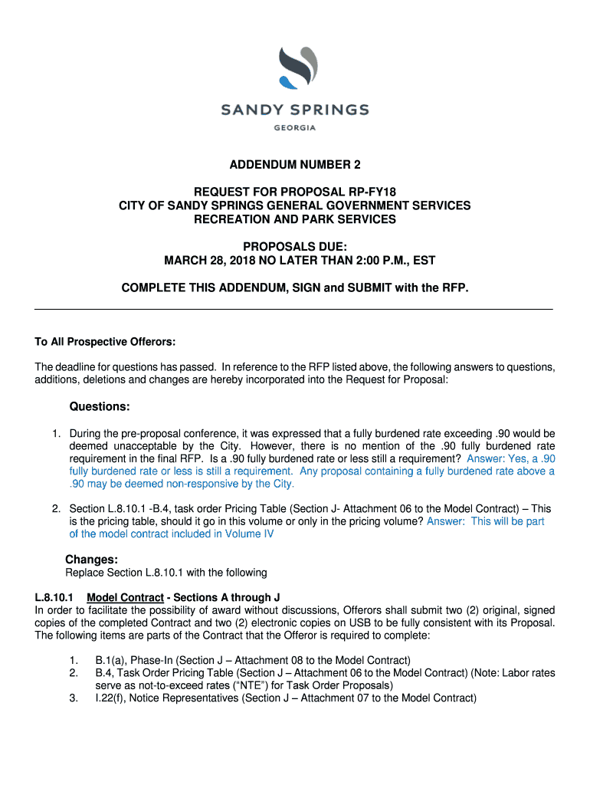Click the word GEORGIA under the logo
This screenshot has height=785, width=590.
point(295,127)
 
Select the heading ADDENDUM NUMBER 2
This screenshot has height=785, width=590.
point(295,165)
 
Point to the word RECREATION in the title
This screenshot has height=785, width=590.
point(228,219)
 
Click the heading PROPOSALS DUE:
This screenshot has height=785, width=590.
point(295,246)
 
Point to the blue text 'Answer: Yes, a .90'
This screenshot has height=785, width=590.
point(510,458)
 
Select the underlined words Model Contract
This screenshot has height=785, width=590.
point(125,597)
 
